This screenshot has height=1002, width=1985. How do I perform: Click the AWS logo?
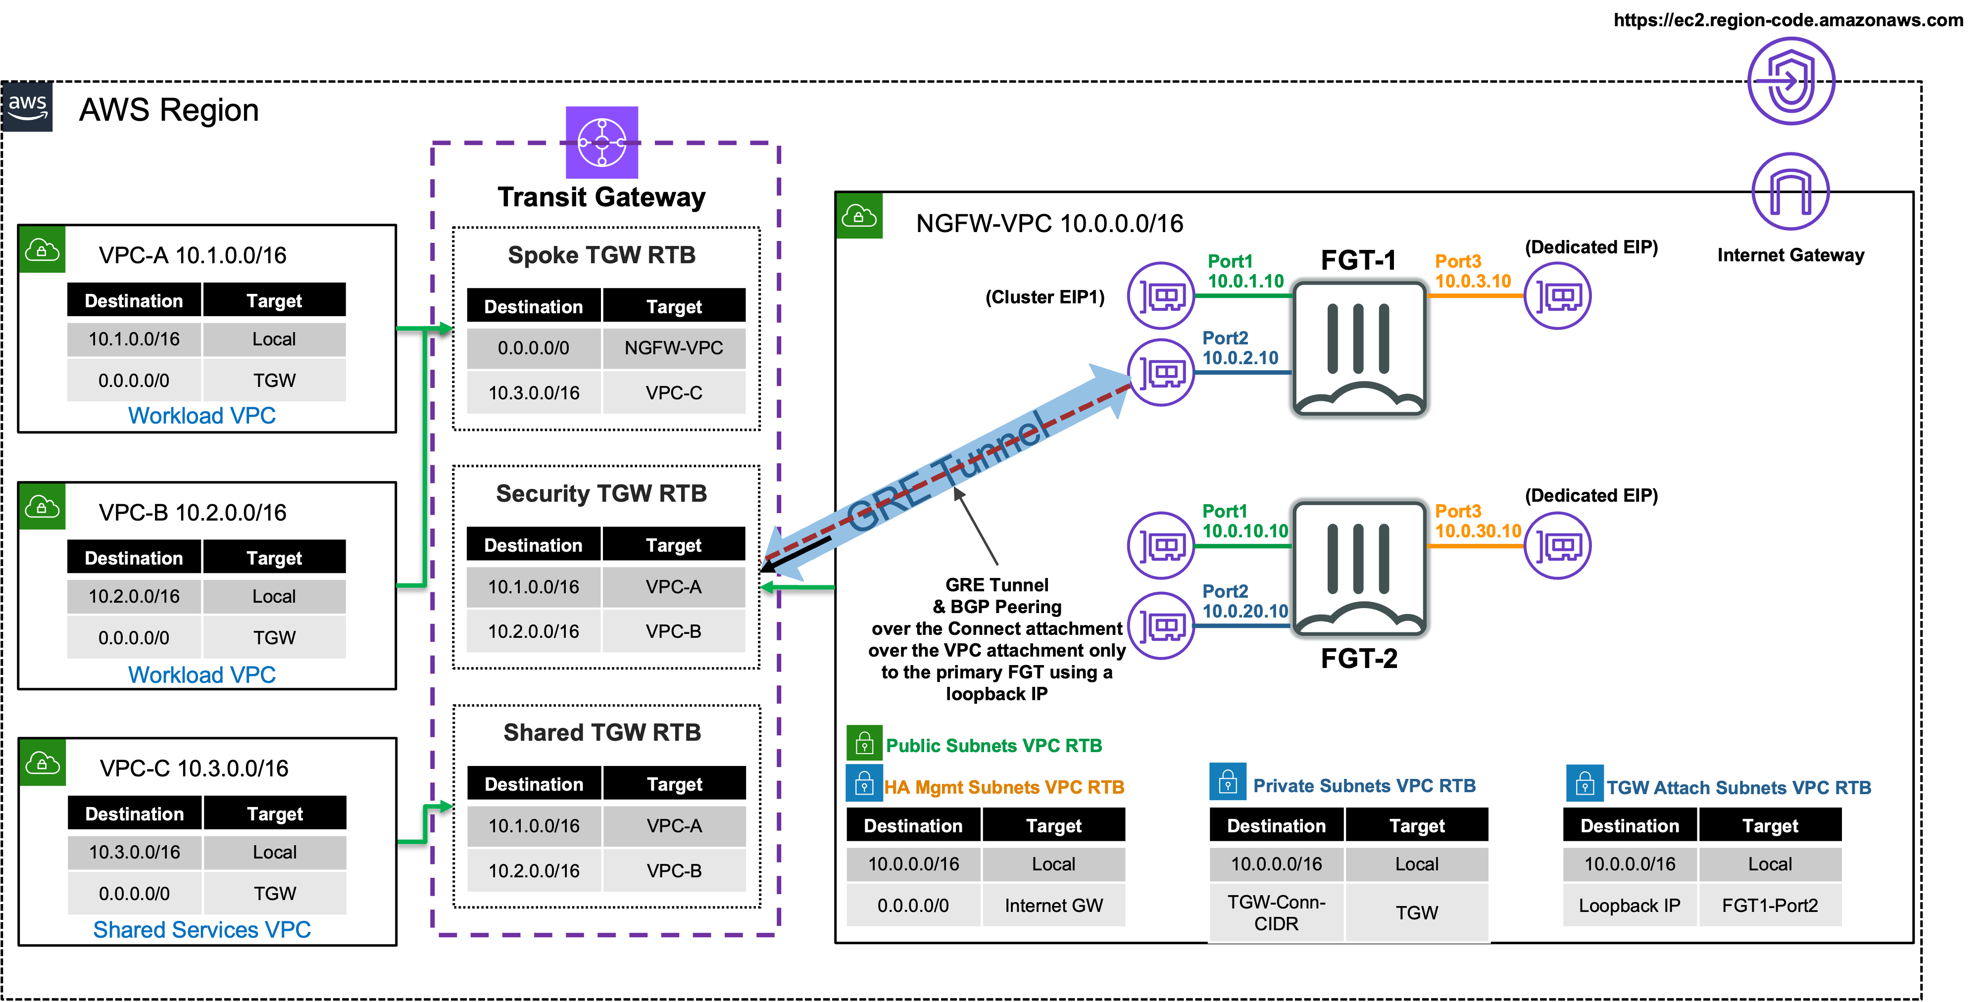click(28, 107)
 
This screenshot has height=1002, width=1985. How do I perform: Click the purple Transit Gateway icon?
click(602, 143)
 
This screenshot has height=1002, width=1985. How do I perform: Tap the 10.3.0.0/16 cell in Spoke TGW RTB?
click(533, 393)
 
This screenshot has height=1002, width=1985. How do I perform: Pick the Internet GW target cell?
click(1053, 906)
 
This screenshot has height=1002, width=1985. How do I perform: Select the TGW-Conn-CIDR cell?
click(1276, 912)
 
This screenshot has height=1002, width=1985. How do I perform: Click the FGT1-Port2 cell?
click(1770, 906)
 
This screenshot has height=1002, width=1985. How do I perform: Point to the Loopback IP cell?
click(1629, 906)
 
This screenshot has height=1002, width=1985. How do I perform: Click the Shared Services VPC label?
click(202, 930)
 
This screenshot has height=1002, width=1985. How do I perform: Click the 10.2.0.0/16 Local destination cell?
click(134, 596)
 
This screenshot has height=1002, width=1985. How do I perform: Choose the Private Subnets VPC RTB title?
click(1364, 786)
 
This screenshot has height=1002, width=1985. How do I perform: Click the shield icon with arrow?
click(1791, 81)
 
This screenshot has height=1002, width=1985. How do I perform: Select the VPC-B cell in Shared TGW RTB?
click(674, 870)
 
